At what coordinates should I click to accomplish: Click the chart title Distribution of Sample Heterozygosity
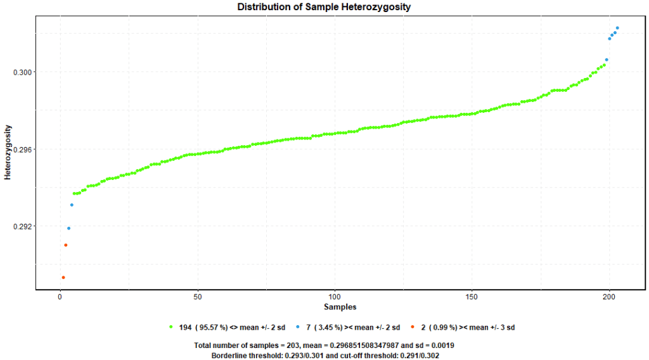(x=324, y=7)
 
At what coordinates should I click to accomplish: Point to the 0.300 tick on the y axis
(x=22, y=72)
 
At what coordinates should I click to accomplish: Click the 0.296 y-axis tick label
(x=22, y=150)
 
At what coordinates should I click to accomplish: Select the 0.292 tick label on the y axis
(x=22, y=226)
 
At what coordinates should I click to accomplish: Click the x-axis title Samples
(x=340, y=307)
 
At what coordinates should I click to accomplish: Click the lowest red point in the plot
(x=63, y=278)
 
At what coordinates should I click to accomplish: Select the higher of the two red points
(x=66, y=245)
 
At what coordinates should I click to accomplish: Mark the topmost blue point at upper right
(x=617, y=28)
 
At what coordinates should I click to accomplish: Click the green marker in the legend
(x=171, y=327)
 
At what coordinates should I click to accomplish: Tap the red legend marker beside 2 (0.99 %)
(x=413, y=327)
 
